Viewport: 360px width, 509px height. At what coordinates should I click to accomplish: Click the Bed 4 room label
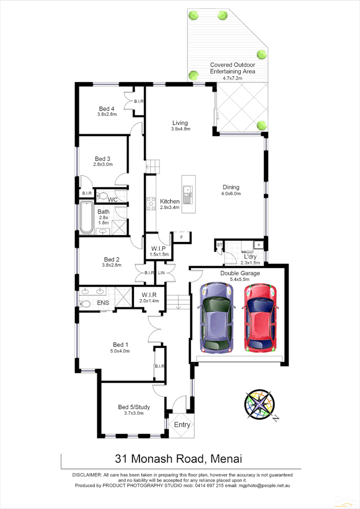tap(107, 109)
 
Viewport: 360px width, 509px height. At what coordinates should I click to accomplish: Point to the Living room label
tap(180, 123)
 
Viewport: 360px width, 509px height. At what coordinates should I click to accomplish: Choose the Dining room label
tap(231, 187)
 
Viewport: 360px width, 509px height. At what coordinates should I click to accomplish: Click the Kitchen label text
tap(170, 201)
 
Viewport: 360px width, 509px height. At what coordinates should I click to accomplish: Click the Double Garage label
tap(240, 273)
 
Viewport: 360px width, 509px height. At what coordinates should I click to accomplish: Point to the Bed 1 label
tap(121, 344)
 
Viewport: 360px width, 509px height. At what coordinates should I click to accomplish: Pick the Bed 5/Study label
tap(134, 407)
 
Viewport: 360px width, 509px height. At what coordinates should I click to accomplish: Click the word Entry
tap(182, 425)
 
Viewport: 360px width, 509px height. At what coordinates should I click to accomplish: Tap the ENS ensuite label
tap(103, 303)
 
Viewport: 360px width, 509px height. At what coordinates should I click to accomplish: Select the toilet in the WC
tap(102, 196)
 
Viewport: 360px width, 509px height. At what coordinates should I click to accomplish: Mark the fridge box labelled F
tap(181, 237)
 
